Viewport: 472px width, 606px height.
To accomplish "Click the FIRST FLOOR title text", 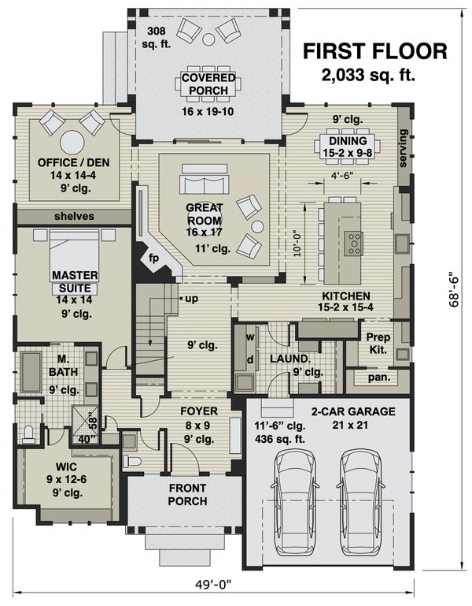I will click(x=375, y=52).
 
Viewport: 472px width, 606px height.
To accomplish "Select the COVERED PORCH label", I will click(x=208, y=84).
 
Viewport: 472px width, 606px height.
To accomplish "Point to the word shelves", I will click(x=74, y=216).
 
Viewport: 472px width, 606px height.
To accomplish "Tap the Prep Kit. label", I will click(x=378, y=343).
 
